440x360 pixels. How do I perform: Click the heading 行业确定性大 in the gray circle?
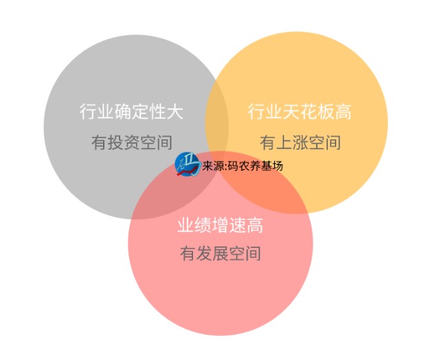[131, 111]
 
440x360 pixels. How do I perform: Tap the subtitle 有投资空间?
[131, 142]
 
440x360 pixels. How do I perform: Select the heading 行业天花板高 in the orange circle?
[300, 111]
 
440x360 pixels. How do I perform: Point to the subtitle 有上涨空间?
[300, 142]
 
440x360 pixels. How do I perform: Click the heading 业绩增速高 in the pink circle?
[220, 225]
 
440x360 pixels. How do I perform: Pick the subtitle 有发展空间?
[221, 254]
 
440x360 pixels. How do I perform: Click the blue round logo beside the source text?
[187, 164]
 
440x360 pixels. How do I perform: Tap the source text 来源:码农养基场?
[243, 166]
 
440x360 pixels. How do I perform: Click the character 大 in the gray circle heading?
[175, 111]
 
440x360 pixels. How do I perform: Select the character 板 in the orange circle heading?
[325, 111]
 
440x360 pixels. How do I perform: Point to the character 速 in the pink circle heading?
[237, 225]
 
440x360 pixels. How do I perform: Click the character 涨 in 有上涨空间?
[300, 142]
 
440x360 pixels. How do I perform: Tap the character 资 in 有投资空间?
[131, 142]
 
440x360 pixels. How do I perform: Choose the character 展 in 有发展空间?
[221, 254]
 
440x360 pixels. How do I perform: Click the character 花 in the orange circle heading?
[308, 111]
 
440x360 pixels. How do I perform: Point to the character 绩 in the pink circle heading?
[203, 225]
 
